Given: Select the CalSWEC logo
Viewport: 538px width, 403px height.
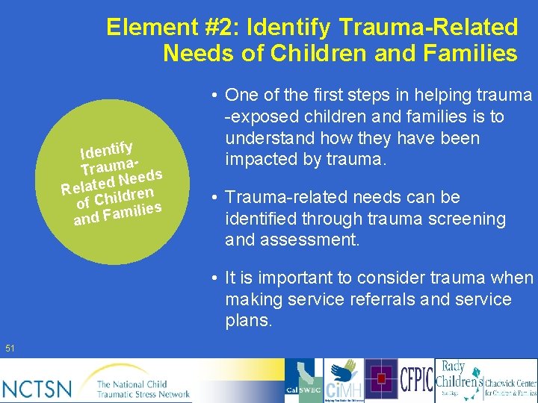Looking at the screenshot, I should tap(303, 381).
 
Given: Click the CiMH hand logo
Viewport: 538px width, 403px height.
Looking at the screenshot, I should tap(344, 381).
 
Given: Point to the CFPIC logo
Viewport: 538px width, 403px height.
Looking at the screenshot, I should tap(416, 380).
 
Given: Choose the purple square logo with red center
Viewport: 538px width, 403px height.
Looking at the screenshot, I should tap(381, 379).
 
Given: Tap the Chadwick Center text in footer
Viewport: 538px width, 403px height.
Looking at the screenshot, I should tap(511, 385).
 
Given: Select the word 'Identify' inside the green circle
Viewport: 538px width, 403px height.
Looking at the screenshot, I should tap(107, 145).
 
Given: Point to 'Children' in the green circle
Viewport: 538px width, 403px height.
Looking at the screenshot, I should tap(124, 196).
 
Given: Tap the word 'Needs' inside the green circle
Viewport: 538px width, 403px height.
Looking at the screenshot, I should tap(140, 177).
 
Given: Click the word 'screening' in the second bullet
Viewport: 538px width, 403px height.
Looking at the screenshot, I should tap(469, 219).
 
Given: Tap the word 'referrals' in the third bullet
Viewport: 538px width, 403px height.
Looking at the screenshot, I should tap(392, 299).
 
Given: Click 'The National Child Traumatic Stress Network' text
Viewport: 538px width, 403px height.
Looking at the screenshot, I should tap(143, 389).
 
